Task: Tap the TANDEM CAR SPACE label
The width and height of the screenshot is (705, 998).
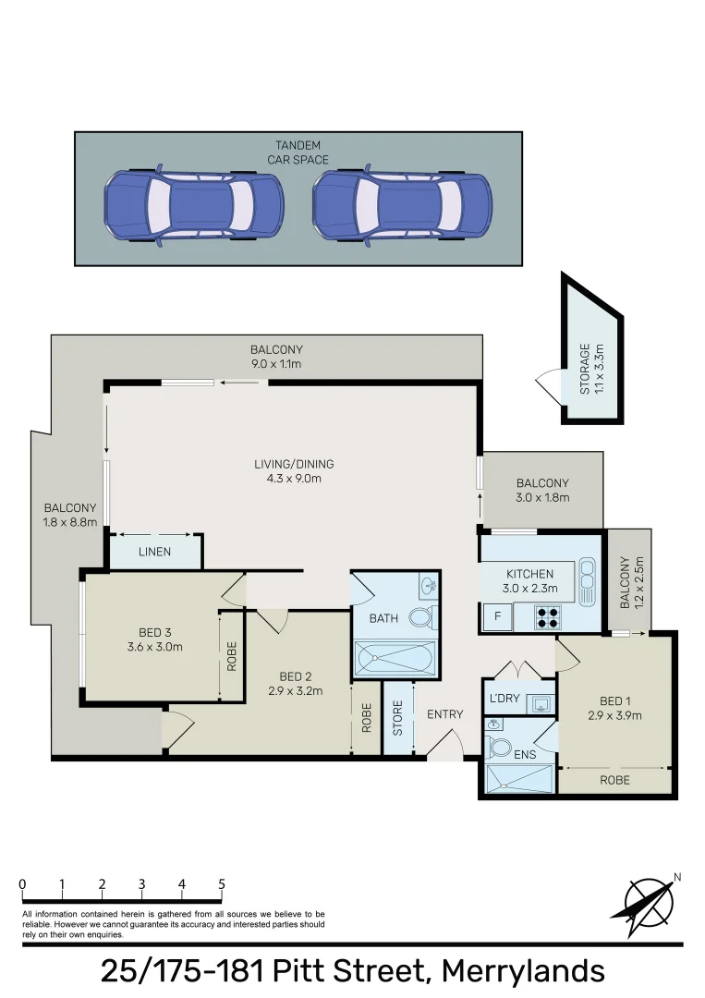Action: click(x=298, y=152)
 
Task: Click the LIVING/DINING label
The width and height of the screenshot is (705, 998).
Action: click(x=294, y=470)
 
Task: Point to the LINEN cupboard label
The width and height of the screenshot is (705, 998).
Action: click(x=155, y=553)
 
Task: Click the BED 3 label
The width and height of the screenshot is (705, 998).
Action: click(x=154, y=639)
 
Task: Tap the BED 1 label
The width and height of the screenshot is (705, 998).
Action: click(x=614, y=707)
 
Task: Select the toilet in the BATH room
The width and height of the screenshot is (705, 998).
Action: click(x=421, y=617)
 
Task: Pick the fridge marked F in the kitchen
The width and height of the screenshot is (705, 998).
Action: click(x=497, y=616)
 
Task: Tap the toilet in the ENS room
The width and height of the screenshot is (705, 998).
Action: click(x=500, y=747)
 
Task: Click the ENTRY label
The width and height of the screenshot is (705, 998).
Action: click(x=444, y=714)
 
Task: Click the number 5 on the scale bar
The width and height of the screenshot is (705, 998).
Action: click(x=222, y=884)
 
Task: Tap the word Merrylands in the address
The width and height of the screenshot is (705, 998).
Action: click(x=523, y=971)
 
